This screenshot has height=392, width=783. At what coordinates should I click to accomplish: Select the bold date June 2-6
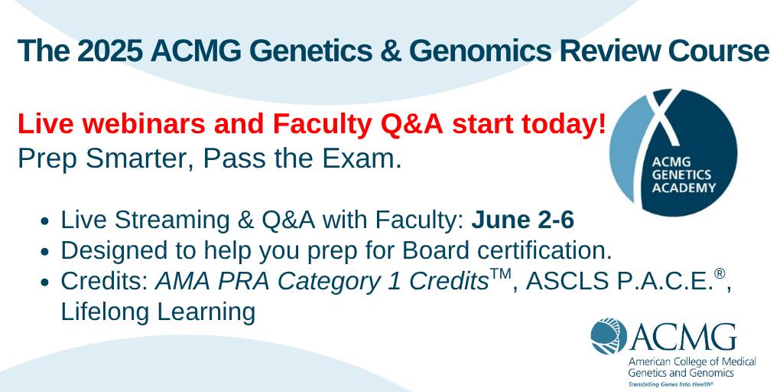point(522,220)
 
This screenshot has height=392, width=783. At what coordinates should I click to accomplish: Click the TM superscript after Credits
point(502,274)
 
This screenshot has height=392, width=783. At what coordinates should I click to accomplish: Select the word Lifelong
point(105,312)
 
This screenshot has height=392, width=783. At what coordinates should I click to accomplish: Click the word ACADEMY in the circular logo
point(684,188)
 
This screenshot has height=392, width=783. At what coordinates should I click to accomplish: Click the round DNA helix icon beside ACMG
point(609,336)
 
